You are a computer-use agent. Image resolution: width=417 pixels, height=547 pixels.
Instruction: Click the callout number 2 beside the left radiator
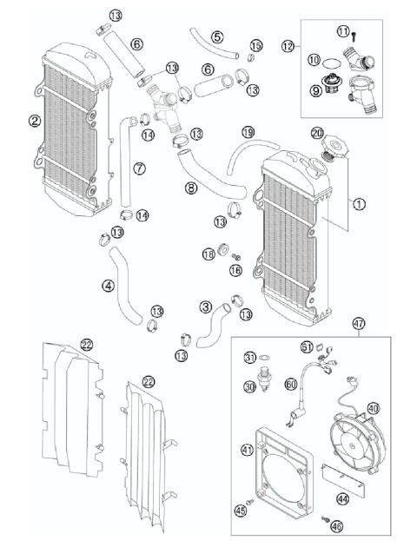34,121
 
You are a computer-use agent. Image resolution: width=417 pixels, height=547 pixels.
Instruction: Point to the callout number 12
288,46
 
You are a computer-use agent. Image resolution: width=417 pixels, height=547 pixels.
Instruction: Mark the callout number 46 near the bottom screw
335,525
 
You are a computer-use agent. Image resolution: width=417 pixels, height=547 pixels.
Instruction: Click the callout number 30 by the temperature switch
250,386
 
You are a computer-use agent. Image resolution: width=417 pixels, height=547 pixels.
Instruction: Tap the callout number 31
250,357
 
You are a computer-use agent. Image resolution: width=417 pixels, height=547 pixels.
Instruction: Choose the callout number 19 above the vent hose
248,132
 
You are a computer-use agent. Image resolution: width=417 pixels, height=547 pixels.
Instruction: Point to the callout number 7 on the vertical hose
138,168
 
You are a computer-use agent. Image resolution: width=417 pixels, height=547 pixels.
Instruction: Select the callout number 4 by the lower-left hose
108,285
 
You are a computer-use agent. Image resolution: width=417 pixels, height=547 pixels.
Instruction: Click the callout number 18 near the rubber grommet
208,254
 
